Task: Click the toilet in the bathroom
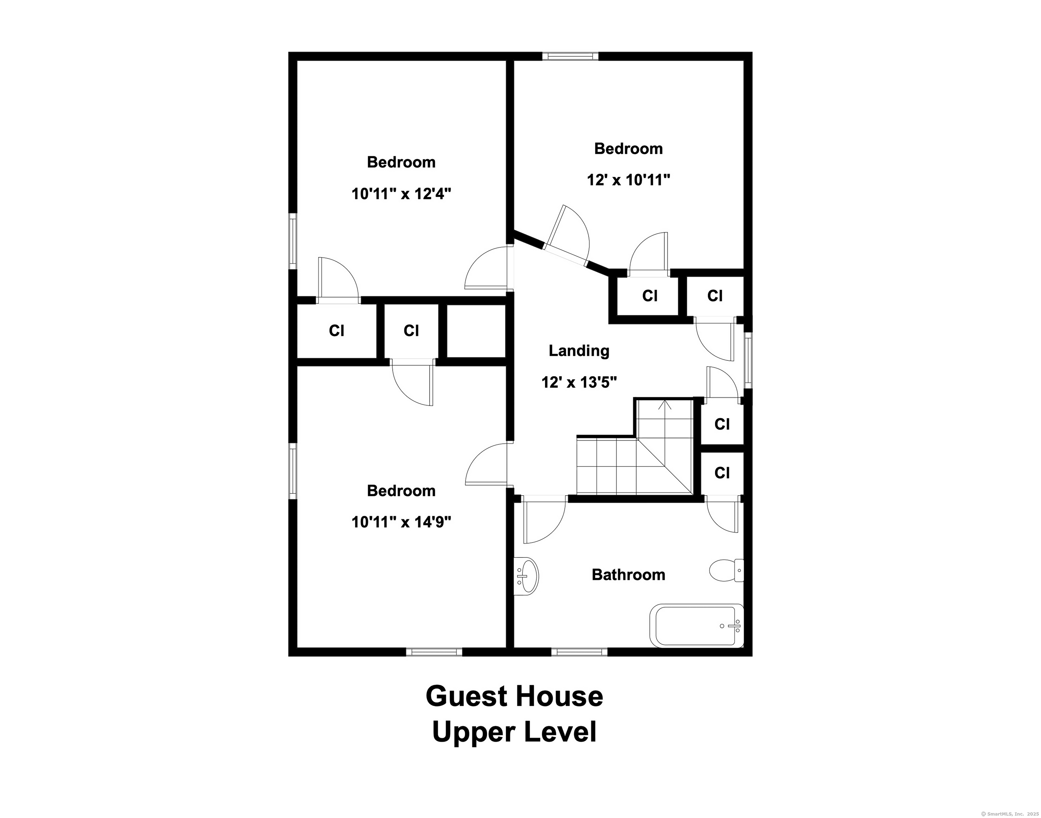coord(726,571)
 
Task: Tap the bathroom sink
coord(526,576)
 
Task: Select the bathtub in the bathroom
coord(697,626)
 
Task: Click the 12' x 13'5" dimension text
coord(579,382)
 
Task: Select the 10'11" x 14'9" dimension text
coord(401,522)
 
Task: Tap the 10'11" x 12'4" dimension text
coord(401,193)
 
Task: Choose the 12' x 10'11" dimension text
coord(628,180)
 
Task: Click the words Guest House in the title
coord(514,696)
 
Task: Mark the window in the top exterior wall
coord(570,56)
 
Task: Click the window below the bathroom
coord(579,652)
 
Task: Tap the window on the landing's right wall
coord(748,360)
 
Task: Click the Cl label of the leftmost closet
coord(337,331)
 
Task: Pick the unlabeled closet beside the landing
coord(476,331)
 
